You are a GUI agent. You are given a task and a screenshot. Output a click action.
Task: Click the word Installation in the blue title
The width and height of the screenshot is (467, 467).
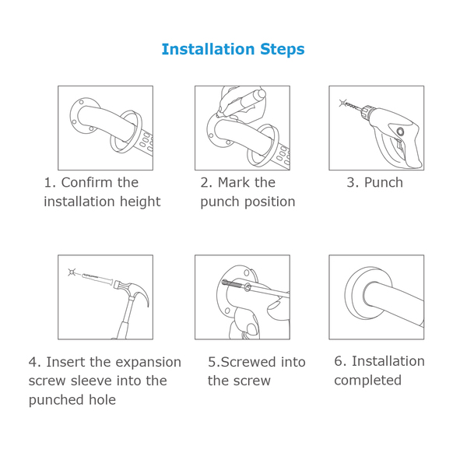(208, 49)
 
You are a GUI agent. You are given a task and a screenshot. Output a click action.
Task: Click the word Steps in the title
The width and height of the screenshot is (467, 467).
(283, 50)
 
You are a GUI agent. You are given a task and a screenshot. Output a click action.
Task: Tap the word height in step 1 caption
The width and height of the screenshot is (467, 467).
(140, 202)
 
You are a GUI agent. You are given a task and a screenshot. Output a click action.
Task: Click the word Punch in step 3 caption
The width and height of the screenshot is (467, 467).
(384, 183)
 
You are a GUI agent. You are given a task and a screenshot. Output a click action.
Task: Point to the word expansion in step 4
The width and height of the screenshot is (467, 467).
(149, 363)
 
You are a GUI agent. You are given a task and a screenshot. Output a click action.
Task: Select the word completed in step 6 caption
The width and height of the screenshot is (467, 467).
(367, 381)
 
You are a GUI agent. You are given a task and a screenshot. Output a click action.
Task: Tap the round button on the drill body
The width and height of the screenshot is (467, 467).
(400, 131)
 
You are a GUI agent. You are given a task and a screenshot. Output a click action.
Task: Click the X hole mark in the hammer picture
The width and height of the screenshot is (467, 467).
(72, 272)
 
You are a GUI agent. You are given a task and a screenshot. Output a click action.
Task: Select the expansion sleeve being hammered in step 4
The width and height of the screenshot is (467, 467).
(97, 278)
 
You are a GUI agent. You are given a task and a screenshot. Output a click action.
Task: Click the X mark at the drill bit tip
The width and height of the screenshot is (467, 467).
(342, 103)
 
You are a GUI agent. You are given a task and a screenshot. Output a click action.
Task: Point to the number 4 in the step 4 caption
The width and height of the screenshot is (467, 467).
(33, 363)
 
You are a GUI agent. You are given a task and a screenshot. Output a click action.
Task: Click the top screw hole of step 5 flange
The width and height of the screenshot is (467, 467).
(247, 272)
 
